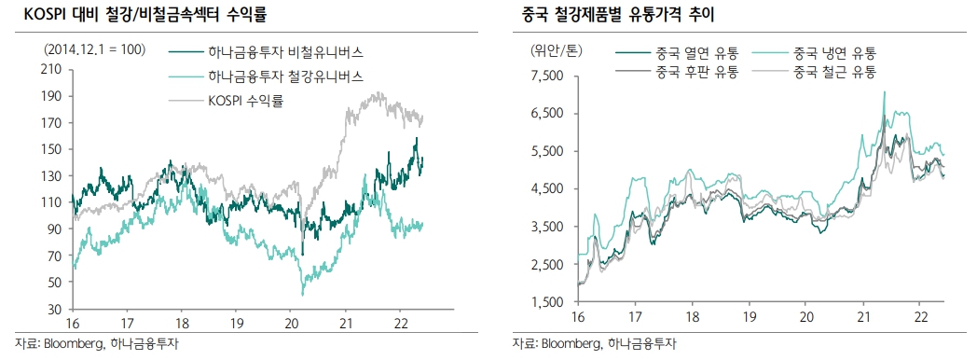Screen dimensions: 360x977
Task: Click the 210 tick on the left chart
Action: pos(53,69)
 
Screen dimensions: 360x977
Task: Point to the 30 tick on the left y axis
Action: pos(56,309)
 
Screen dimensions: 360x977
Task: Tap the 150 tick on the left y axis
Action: pos(53,149)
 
